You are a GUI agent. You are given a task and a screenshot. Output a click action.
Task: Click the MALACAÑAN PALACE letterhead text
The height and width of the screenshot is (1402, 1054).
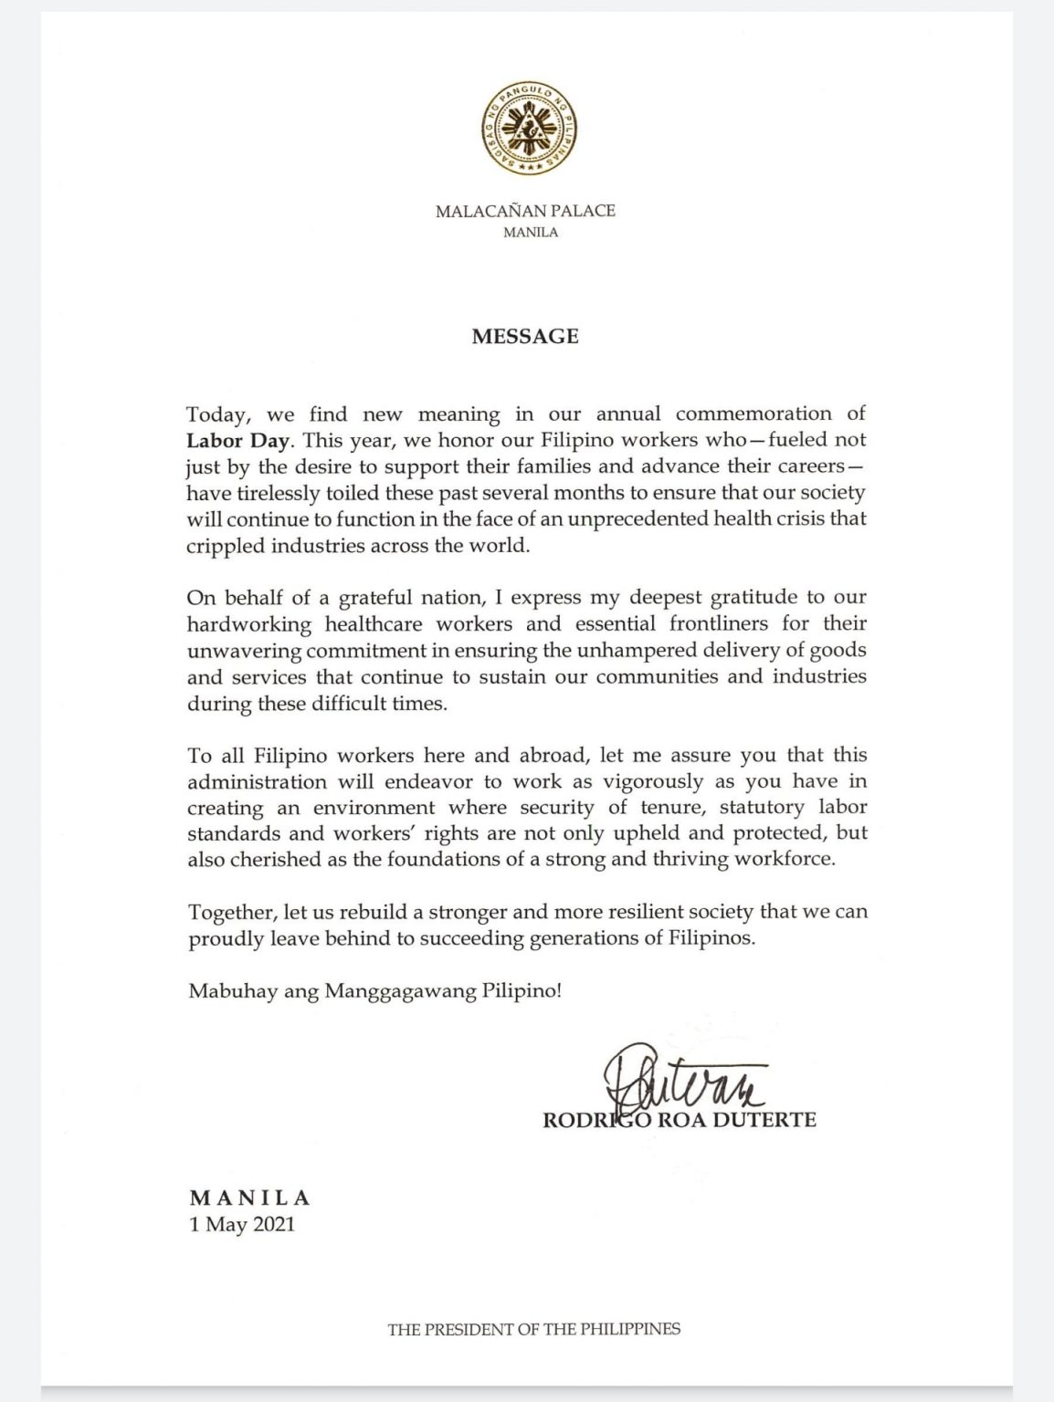point(525,211)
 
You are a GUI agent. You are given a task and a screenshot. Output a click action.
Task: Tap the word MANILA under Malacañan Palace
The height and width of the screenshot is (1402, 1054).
point(531,233)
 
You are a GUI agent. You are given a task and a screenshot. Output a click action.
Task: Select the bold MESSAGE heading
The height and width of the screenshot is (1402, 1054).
point(525,336)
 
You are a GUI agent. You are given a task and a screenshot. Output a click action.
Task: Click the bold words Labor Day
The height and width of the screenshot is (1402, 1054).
point(238,440)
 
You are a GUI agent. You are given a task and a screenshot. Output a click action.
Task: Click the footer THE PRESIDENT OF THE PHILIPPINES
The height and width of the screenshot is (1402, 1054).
point(533,1329)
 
